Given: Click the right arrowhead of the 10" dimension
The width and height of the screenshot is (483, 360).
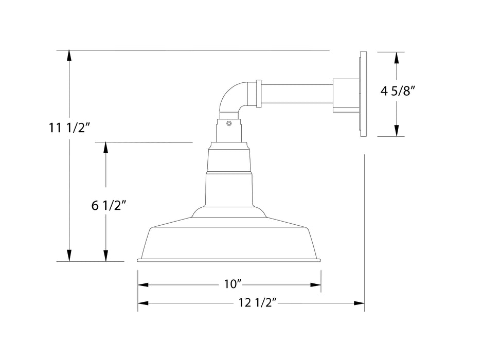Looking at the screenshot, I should coord(315,284).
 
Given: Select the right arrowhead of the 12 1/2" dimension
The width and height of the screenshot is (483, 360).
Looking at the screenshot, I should coord(359,303).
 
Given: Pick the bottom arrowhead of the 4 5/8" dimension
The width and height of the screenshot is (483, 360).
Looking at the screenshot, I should coord(396,131).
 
